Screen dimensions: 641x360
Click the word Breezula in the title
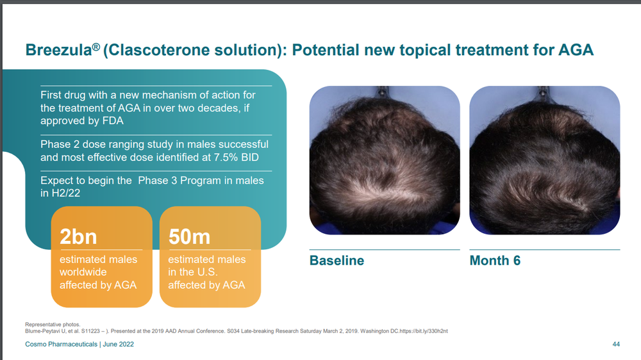pos(58,50)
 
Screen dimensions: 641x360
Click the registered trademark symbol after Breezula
pos(96,46)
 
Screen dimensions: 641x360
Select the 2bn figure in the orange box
pos(78,236)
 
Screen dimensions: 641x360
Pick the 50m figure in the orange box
pos(189,236)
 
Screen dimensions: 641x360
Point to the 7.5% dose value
pos(226,158)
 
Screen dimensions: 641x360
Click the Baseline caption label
pos(337,260)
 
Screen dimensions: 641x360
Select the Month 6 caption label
pos(495,260)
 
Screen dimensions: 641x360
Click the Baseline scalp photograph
pos(385,160)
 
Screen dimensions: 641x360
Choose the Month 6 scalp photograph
pos(544,160)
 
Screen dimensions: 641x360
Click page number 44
pos(616,345)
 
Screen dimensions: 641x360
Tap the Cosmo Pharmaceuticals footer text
pos(62,345)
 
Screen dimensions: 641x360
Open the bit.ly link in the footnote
pos(424,331)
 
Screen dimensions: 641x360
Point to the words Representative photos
pos(53,325)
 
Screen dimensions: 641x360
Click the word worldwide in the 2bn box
pos(83,272)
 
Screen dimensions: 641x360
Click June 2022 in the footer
pos(118,345)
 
